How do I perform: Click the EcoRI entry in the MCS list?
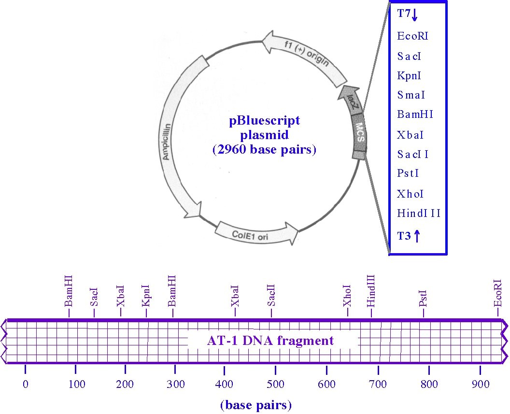pyautogui.click(x=412, y=36)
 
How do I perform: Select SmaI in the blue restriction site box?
pyautogui.click(x=411, y=95)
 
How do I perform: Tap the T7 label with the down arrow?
pyautogui.click(x=408, y=14)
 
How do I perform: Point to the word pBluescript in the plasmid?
pyautogui.click(x=264, y=121)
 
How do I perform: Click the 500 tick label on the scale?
pyautogui.click(x=275, y=385)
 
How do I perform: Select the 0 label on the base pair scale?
pyautogui.click(x=26, y=385)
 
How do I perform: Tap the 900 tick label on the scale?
pyautogui.click(x=480, y=385)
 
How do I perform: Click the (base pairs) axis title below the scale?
pyautogui.click(x=256, y=405)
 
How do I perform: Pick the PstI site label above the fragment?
pyautogui.click(x=423, y=298)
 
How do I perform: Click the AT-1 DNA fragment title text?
pyautogui.click(x=270, y=341)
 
